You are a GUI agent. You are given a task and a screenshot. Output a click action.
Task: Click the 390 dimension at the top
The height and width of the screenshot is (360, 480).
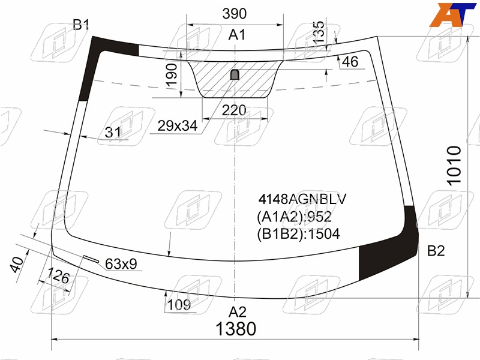[x=234, y=14]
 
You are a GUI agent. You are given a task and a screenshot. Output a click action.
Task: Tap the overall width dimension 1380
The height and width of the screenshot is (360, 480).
[x=236, y=329]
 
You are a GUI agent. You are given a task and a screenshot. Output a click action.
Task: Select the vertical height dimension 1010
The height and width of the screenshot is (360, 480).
[x=454, y=166]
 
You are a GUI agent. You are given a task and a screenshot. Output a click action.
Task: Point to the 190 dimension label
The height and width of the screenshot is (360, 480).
[x=172, y=74]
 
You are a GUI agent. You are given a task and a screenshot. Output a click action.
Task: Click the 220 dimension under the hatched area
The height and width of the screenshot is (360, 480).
[x=234, y=110]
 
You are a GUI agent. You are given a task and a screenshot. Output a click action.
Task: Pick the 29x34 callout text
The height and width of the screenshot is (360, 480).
[x=178, y=125]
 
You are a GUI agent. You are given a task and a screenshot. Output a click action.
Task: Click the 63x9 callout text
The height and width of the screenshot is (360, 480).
[x=121, y=263]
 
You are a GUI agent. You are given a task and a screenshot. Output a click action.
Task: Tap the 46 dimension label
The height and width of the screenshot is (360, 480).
[x=350, y=62]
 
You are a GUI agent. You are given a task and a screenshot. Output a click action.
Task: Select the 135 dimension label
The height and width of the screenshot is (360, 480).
[x=319, y=32]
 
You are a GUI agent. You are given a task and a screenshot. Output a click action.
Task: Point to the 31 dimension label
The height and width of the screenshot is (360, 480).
[x=113, y=132]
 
